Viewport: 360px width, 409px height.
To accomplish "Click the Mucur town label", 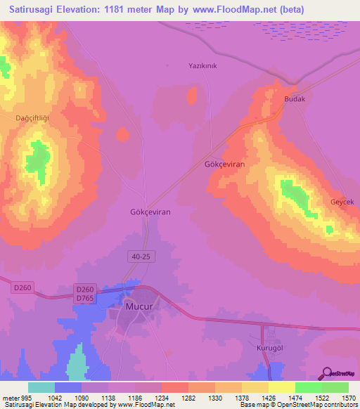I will tap(139, 307).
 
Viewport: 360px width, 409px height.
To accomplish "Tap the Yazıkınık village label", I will tap(203, 66).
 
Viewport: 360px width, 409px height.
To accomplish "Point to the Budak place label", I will tap(294, 99).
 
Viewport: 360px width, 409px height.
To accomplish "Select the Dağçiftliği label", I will tap(33, 118).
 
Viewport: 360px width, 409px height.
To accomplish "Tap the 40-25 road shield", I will tap(141, 257).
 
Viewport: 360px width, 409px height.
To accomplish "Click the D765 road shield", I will tap(85, 299).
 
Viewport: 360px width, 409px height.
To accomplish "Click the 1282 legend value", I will tap(188, 398).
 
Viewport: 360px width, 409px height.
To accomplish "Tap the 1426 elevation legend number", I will tap(268, 398).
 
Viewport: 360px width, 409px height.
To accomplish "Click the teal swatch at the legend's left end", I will tap(41, 387).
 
